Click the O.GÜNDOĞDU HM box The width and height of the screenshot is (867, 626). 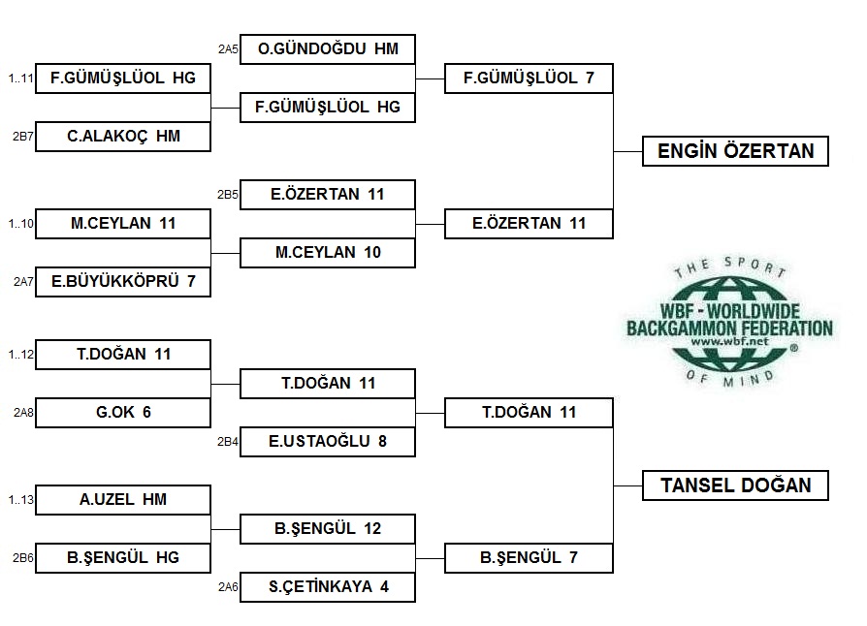click(x=328, y=49)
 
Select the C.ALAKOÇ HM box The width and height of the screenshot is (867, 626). click(x=123, y=137)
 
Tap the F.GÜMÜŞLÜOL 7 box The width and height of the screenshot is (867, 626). click(x=529, y=78)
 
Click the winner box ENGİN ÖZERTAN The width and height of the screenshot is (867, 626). click(x=735, y=151)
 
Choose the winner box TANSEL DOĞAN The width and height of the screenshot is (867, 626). click(x=735, y=485)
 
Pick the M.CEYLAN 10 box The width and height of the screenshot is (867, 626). click(x=328, y=253)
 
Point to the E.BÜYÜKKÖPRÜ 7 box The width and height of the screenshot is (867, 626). click(x=123, y=282)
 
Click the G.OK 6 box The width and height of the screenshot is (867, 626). click(x=123, y=413)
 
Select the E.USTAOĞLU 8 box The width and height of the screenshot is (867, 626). click(x=328, y=442)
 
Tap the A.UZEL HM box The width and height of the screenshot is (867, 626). click(x=123, y=500)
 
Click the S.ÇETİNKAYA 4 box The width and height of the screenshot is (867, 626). click(x=328, y=587)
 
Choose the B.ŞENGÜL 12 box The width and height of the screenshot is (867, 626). click(x=328, y=529)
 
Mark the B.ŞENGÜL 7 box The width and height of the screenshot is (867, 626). click(x=529, y=558)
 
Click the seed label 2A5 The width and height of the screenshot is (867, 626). click(x=228, y=48)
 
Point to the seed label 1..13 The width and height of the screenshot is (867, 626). click(x=21, y=500)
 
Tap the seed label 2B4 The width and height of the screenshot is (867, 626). click(x=228, y=442)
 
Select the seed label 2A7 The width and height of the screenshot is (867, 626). click(x=23, y=282)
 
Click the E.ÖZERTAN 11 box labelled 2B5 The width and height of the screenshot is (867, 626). click(x=328, y=195)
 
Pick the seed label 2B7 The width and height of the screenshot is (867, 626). click(x=23, y=137)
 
